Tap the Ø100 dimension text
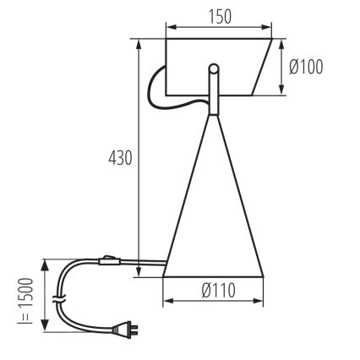pyautogui.click(x=305, y=67)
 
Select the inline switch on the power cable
pyautogui.click(x=106, y=260)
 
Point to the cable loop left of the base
pyautogui.click(x=155, y=85)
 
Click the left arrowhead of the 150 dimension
pyautogui.click(x=170, y=29)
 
